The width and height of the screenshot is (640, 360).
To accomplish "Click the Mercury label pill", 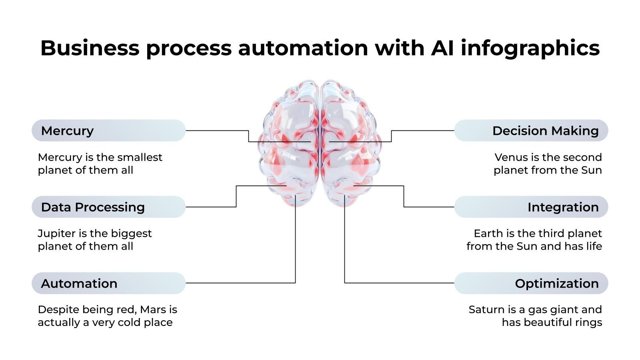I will (x=108, y=130).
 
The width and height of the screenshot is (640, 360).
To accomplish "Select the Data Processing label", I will (x=108, y=207).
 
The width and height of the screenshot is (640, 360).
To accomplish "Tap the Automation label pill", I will (x=108, y=283).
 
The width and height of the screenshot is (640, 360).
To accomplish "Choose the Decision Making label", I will (x=531, y=130).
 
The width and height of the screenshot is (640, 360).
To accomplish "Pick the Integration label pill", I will (x=531, y=207).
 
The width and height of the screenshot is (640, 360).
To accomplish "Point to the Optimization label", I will (x=531, y=283).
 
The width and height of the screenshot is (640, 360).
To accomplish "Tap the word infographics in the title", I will (x=530, y=48).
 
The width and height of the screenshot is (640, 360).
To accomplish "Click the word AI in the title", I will (x=442, y=48).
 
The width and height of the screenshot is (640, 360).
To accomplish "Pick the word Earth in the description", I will (x=487, y=234).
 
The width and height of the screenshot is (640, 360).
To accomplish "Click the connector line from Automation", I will (x=240, y=283).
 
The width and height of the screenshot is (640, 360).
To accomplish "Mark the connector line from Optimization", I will (x=400, y=283).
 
